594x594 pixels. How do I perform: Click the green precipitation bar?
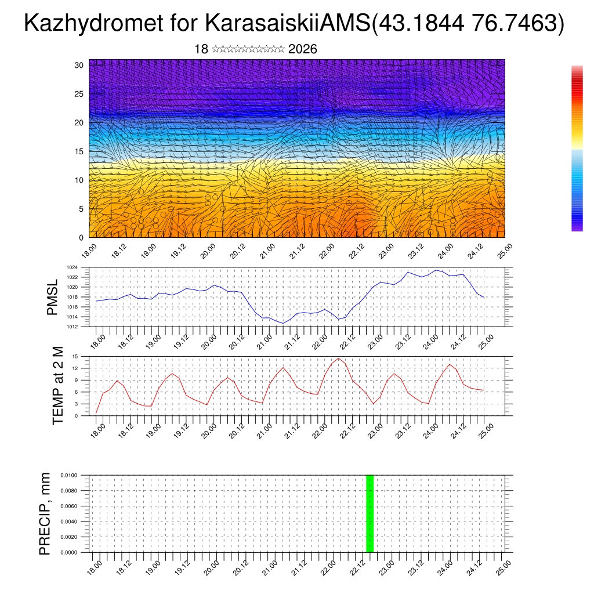(x=370, y=513)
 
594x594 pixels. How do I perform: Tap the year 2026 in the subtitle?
(x=302, y=49)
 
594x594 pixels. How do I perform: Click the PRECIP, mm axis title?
(x=45, y=513)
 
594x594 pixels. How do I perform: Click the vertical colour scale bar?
(x=577, y=148)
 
